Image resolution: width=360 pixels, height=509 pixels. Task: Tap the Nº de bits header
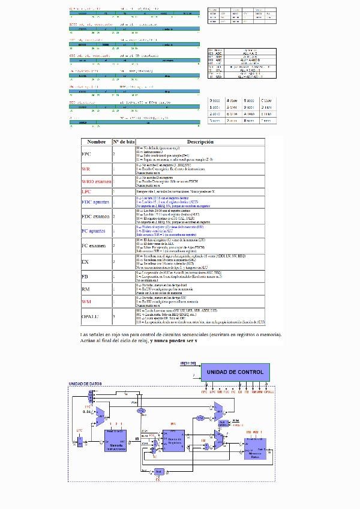click(124, 142)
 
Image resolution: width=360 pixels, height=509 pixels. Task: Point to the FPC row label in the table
click(87, 154)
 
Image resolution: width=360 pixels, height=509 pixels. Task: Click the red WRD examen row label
click(97, 181)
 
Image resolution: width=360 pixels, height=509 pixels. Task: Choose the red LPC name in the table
click(86, 191)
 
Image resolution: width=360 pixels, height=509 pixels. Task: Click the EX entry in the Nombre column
click(85, 262)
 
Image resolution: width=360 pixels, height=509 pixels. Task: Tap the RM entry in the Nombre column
click(86, 289)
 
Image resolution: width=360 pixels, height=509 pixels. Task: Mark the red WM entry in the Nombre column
click(86, 301)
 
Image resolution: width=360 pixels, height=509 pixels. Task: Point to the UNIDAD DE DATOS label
click(84, 384)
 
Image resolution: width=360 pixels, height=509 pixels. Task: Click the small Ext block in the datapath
click(158, 472)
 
